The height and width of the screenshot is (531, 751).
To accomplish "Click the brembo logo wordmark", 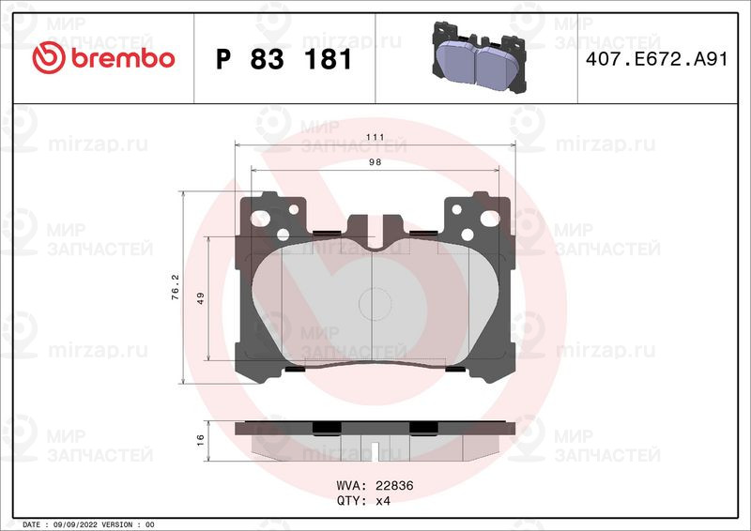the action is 123,58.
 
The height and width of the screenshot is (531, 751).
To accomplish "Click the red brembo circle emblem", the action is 49,57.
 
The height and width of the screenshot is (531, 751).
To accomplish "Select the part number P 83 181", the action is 284,59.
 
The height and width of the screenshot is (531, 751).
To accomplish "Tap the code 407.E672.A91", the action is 656,59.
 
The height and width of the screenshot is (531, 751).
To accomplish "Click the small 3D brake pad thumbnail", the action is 480,56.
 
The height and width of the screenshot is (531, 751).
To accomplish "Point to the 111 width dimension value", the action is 375,137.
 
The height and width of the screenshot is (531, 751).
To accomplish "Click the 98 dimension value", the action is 375,162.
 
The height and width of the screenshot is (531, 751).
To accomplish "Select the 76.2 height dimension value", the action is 176,287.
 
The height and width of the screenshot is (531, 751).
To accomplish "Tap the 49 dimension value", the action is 200,298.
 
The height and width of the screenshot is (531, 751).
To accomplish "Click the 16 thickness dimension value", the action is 200,440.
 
